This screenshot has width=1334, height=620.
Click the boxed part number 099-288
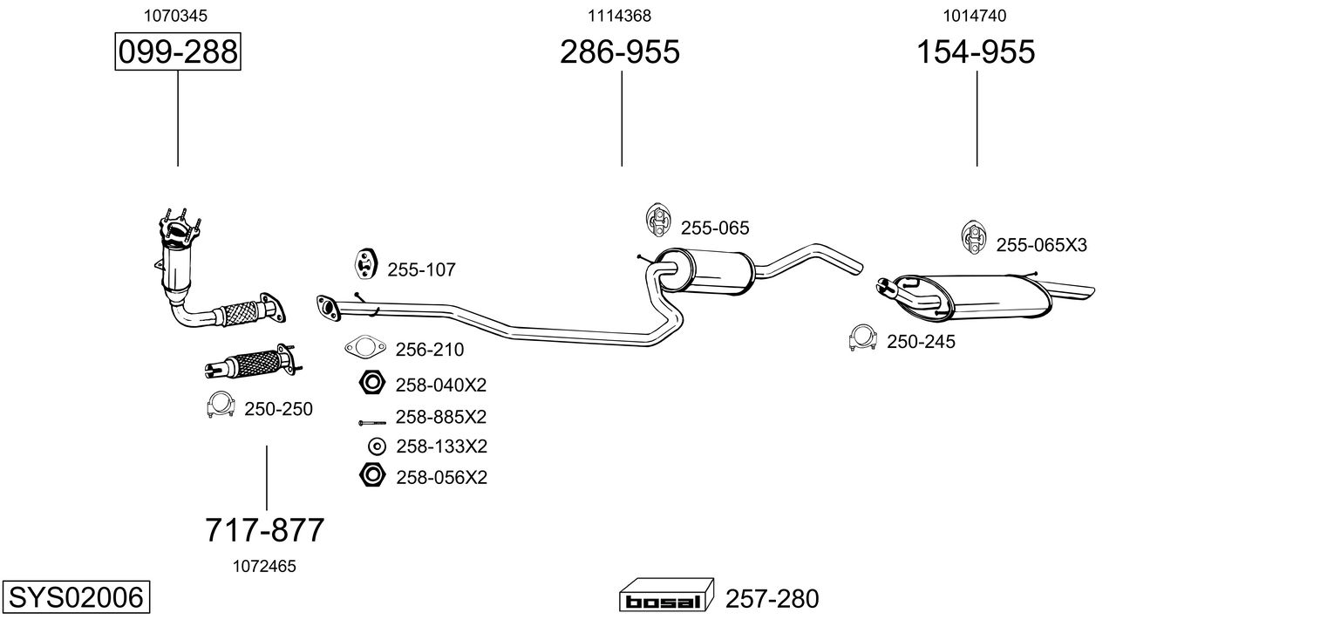tap(178, 51)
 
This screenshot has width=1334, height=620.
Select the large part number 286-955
tap(619, 51)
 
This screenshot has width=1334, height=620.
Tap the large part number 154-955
tap(976, 51)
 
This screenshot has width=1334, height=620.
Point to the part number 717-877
tap(264, 529)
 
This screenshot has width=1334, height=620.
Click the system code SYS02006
tap(76, 596)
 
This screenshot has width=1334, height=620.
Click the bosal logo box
tap(666, 595)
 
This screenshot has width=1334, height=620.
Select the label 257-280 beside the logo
tap(772, 598)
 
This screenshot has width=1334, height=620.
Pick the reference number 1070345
tap(175, 16)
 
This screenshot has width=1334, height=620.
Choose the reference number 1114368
tap(619, 16)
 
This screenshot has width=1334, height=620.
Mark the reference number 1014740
tap(974, 16)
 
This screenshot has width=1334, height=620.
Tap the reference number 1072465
tap(264, 567)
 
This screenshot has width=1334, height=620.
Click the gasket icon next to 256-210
tap(365, 347)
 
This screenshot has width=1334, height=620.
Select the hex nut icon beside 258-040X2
tap(372, 382)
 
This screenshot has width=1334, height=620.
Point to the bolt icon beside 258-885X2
tap(372, 423)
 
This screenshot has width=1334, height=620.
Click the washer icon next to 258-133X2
tap(377, 446)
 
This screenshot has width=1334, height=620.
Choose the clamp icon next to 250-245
tap(862, 337)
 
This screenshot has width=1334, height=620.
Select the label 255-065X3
tap(1042, 245)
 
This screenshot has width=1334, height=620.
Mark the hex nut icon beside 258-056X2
tap(372, 474)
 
